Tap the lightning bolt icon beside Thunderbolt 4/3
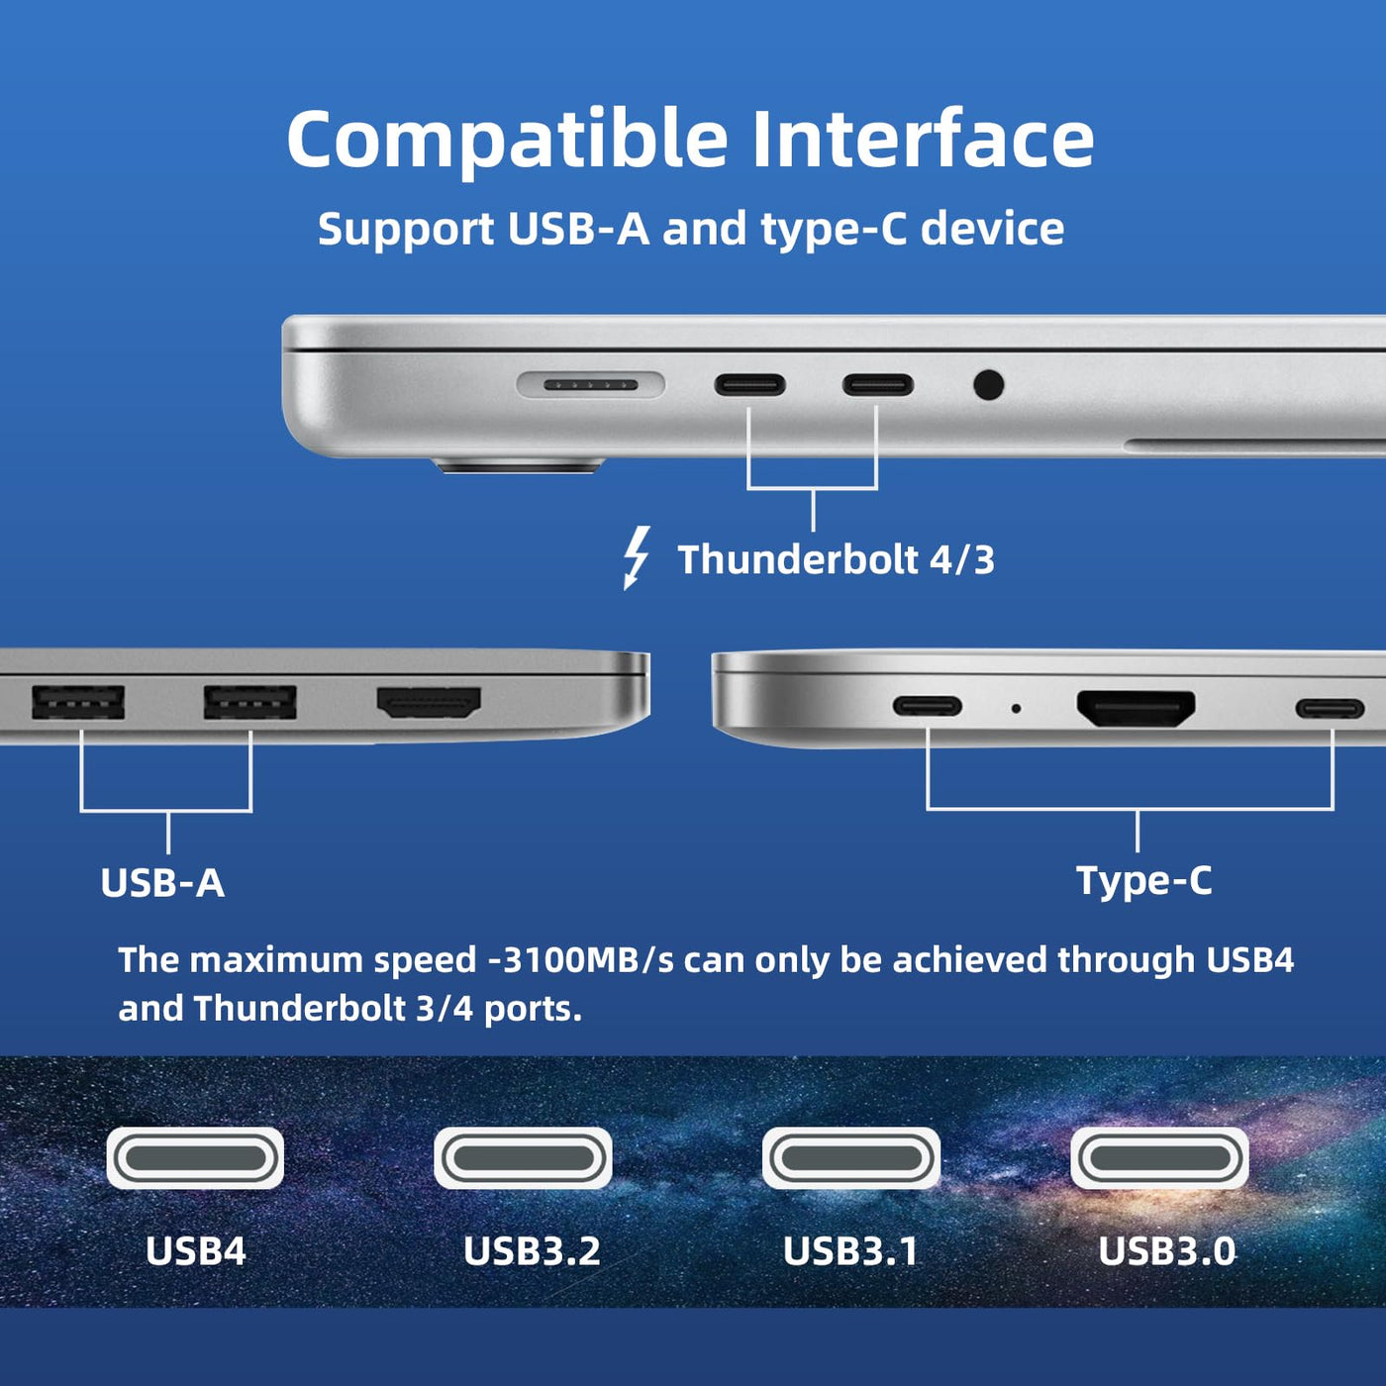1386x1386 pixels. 637,557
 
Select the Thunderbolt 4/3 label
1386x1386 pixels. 837,559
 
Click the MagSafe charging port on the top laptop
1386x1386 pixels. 590,385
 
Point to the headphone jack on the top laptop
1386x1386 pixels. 988,385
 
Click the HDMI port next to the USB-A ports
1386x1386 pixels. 429,703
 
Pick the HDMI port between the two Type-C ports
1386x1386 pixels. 1136,709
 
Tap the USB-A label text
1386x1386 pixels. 162,882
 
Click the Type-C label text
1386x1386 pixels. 1143,880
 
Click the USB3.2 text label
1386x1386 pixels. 532,1250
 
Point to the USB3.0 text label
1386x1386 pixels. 1166,1250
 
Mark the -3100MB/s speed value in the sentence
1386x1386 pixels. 581,960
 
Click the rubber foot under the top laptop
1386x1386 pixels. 518,467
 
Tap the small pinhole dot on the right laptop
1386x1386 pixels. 1016,709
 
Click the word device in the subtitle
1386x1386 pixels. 992,229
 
